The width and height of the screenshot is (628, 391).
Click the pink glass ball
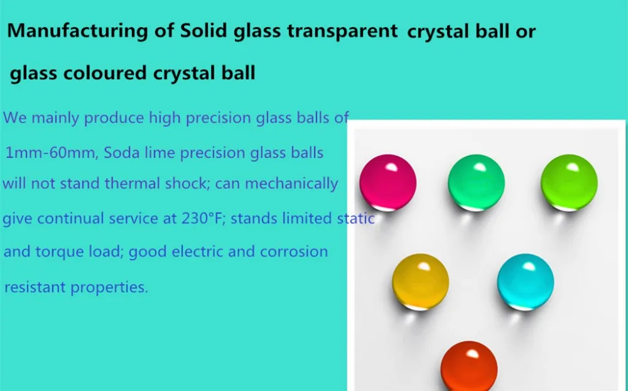[x=387, y=182]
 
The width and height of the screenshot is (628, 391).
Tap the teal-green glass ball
[x=476, y=182]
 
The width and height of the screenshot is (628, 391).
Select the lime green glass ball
[x=569, y=182]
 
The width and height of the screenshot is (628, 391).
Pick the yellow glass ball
[x=420, y=282]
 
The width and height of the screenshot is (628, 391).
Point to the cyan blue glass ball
[x=526, y=282]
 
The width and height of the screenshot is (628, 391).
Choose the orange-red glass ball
[x=469, y=366]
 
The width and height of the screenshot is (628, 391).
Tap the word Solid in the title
[x=204, y=30]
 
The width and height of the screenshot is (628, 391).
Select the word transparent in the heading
[x=342, y=31]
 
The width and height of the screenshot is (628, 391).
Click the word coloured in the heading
[x=105, y=73]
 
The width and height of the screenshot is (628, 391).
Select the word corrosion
[x=294, y=251]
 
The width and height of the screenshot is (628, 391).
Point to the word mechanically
[x=291, y=184]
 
